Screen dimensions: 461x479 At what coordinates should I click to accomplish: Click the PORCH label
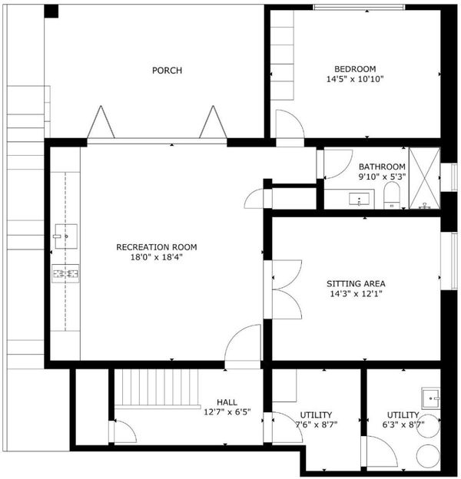pos(167,71)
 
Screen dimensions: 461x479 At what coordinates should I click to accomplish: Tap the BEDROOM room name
pos(355,69)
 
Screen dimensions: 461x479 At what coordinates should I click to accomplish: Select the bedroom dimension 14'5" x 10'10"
pos(355,79)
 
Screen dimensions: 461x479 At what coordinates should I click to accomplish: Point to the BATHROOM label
pos(382,167)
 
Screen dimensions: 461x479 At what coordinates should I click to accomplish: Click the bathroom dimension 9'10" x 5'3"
pos(382,177)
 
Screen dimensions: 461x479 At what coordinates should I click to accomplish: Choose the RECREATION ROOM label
pos(157,247)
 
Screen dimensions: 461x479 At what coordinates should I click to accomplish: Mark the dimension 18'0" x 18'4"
pos(157,257)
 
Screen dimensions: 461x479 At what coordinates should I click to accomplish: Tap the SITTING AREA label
pos(356,284)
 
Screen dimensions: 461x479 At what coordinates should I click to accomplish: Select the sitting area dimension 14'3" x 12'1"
pos(356,294)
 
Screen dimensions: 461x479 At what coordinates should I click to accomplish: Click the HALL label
pos(227,402)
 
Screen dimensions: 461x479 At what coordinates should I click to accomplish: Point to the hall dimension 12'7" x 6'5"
pos(227,412)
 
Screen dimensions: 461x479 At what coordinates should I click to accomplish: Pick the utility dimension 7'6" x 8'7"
pos(316,424)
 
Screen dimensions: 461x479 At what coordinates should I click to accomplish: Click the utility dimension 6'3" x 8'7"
pos(403,424)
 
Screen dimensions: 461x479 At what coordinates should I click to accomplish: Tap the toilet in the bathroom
pos(392,196)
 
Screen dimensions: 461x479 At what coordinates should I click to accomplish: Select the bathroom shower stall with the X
pos(424,178)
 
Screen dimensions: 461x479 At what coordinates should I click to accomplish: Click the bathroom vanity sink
pos(360,200)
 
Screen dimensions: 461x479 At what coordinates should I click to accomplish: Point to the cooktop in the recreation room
pos(65,274)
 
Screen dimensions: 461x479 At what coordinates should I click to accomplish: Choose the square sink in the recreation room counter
pos(66,236)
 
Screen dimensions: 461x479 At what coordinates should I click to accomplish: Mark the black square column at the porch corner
pos(51,12)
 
